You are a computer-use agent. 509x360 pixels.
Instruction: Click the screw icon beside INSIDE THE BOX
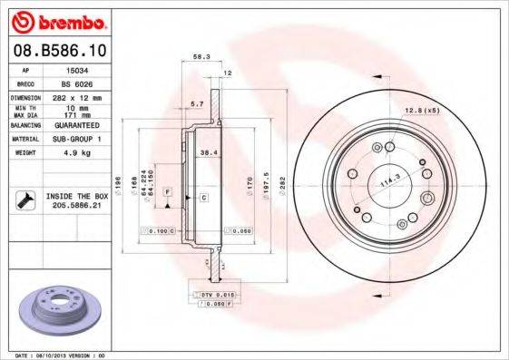tap(24, 199)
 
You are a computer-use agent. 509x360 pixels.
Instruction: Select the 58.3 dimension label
tap(201, 56)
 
